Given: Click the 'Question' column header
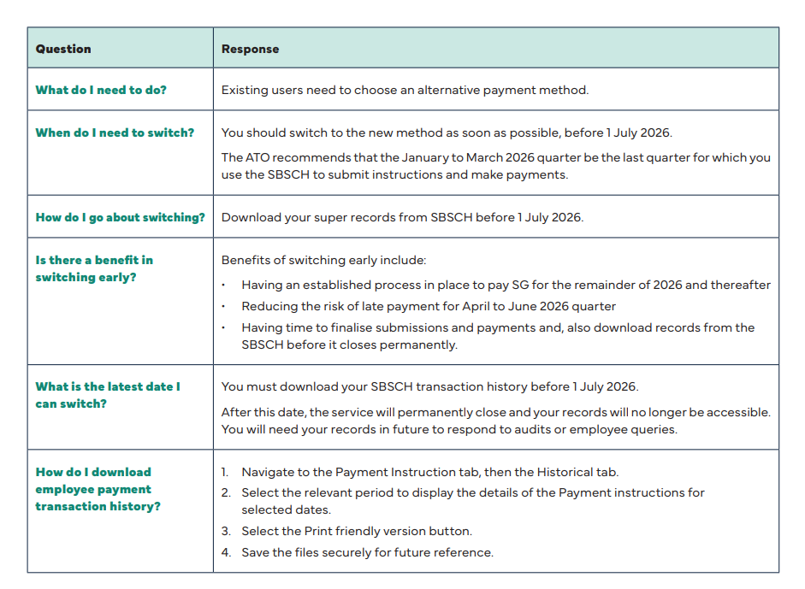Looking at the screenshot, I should click(63, 49).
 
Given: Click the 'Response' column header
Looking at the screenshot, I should click(250, 49).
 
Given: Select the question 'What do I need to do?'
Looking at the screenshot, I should click(101, 90).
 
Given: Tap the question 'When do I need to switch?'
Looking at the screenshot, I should click(115, 133).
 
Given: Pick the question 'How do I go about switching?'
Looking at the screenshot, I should click(121, 217).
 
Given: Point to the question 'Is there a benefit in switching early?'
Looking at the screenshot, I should click(94, 268).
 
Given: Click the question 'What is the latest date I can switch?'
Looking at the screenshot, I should click(108, 395).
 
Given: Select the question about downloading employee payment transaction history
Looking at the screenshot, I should click(98, 489).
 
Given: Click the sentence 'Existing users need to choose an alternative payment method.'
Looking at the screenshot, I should click(405, 90).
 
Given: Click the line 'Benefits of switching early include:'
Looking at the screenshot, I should click(323, 260).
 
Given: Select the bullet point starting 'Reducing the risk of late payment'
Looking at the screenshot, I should click(428, 306).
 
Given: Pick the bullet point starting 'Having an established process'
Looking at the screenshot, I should click(506, 285).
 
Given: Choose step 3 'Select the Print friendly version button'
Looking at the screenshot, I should click(356, 531).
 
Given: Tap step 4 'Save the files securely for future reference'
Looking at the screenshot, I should click(367, 552).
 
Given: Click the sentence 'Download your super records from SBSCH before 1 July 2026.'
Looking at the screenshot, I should click(402, 217).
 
